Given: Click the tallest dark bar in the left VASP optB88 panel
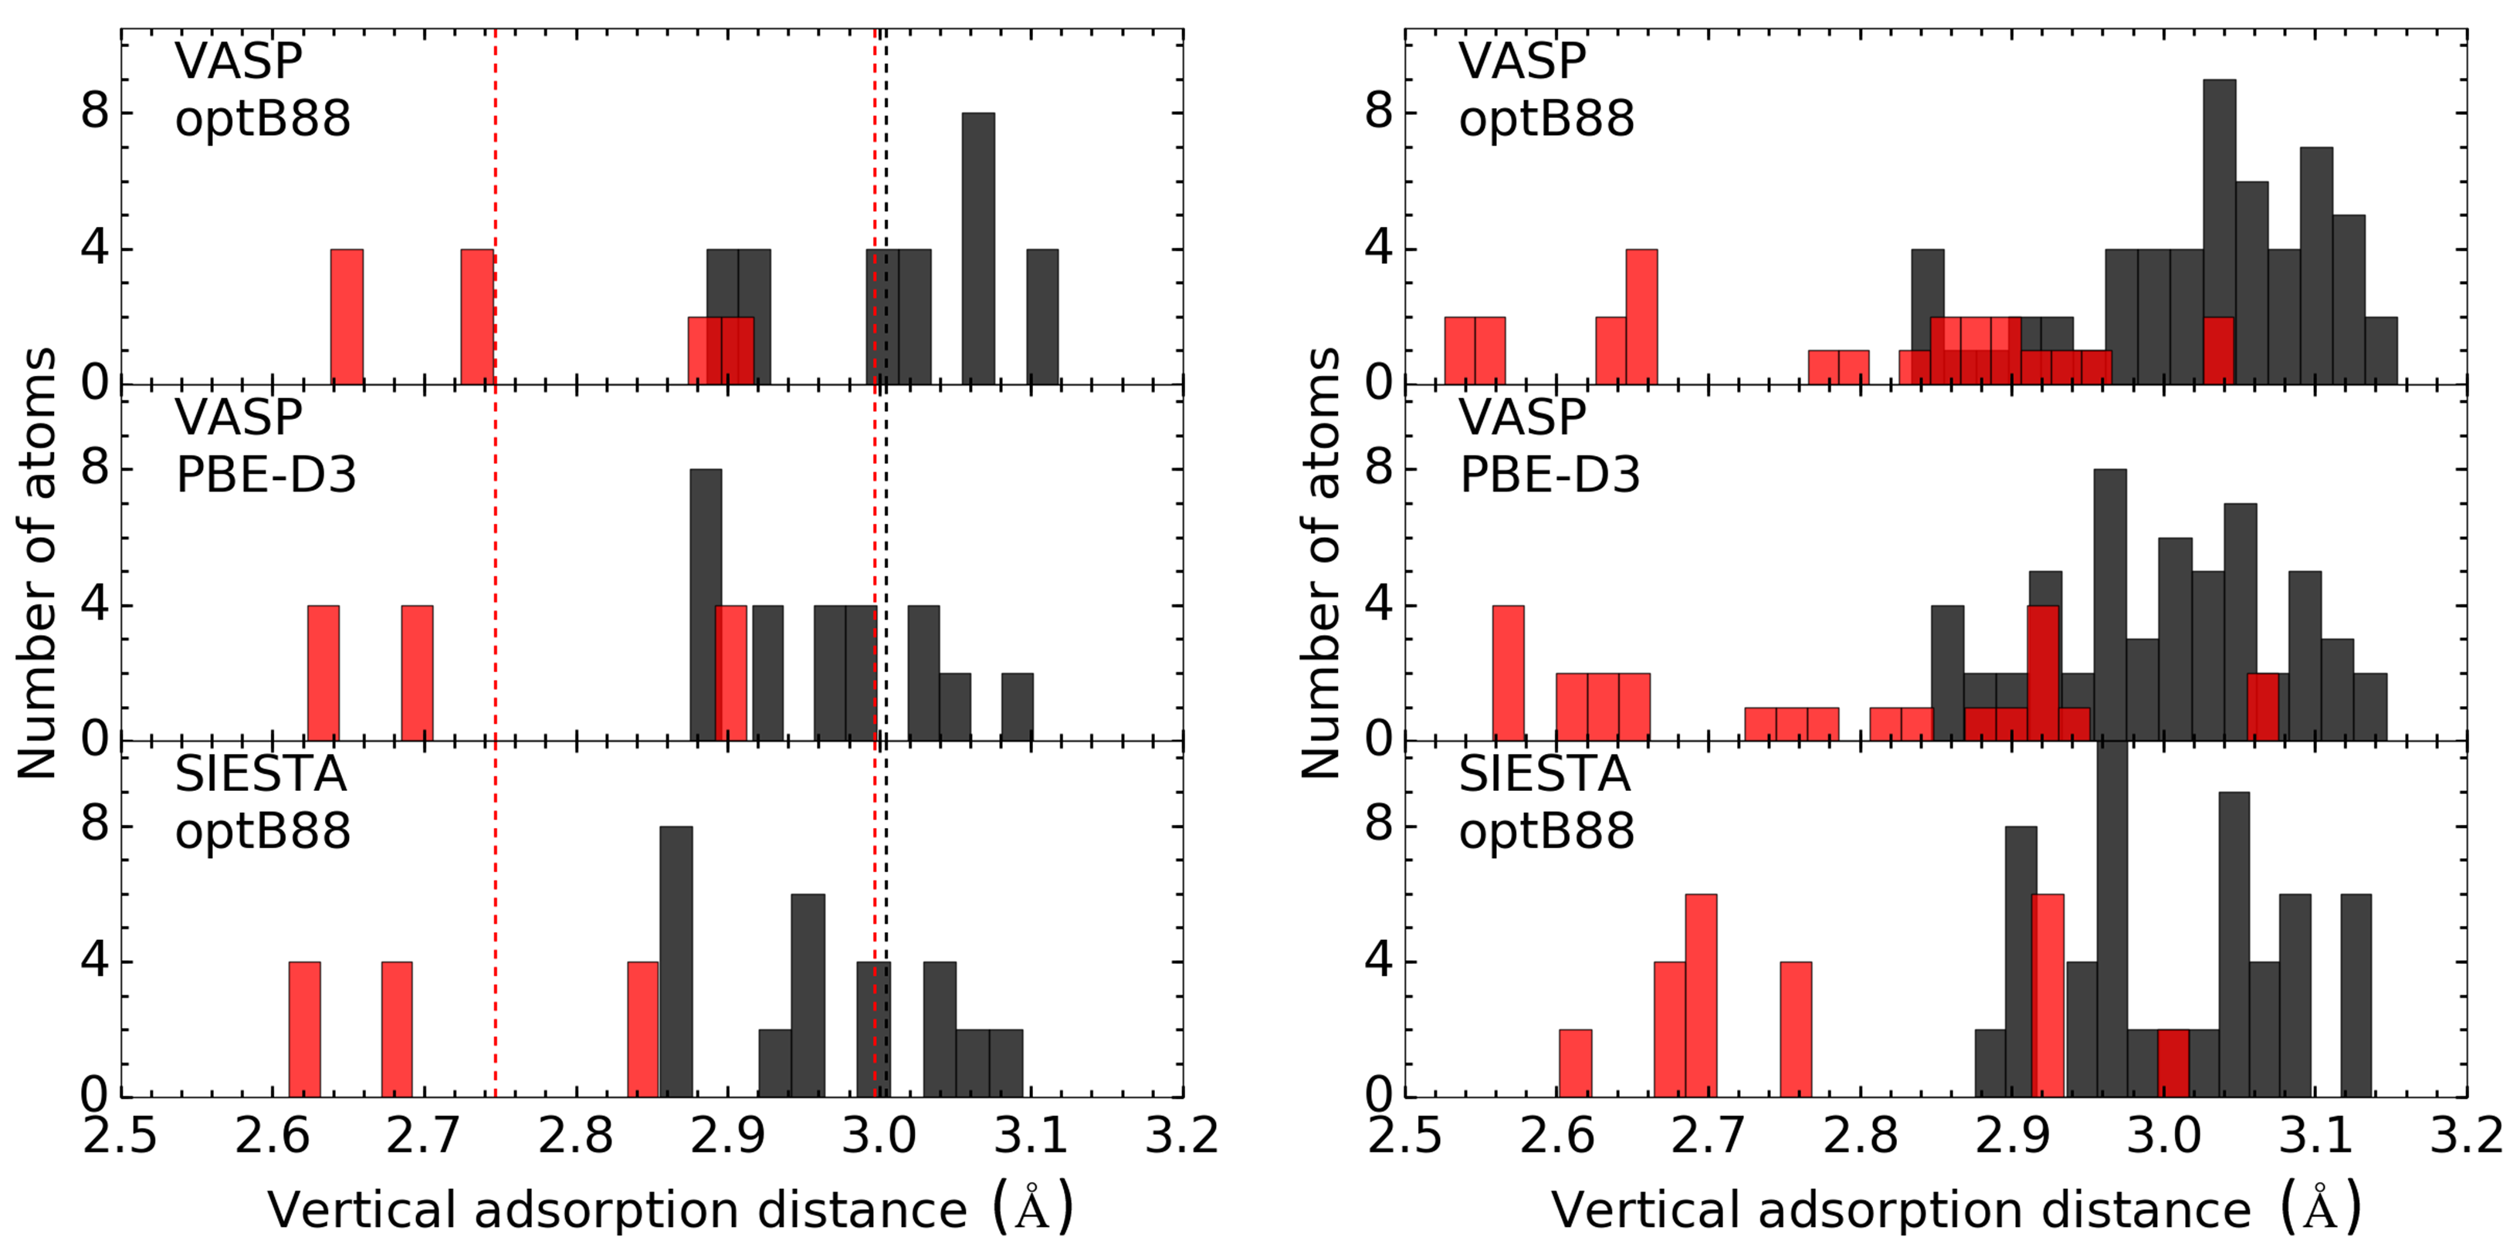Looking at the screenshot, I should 978,248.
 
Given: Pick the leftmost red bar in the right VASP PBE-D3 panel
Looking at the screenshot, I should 1509,673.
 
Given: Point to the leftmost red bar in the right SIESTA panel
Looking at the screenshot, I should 1575,1063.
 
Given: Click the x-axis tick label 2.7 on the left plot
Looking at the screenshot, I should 424,1137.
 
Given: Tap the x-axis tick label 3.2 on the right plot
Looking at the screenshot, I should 2465,1137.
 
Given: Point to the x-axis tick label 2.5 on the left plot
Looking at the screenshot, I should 120,1137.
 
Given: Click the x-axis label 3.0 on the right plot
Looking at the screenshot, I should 2164,1137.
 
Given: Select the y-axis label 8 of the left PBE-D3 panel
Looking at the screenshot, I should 95,468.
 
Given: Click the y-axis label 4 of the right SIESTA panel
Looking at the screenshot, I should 1378,961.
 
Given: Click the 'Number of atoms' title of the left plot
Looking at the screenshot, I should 37,563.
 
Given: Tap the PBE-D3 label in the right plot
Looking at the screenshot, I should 1550,475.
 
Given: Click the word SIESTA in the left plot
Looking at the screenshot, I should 261,775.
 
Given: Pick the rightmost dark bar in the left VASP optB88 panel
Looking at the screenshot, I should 1042,317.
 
